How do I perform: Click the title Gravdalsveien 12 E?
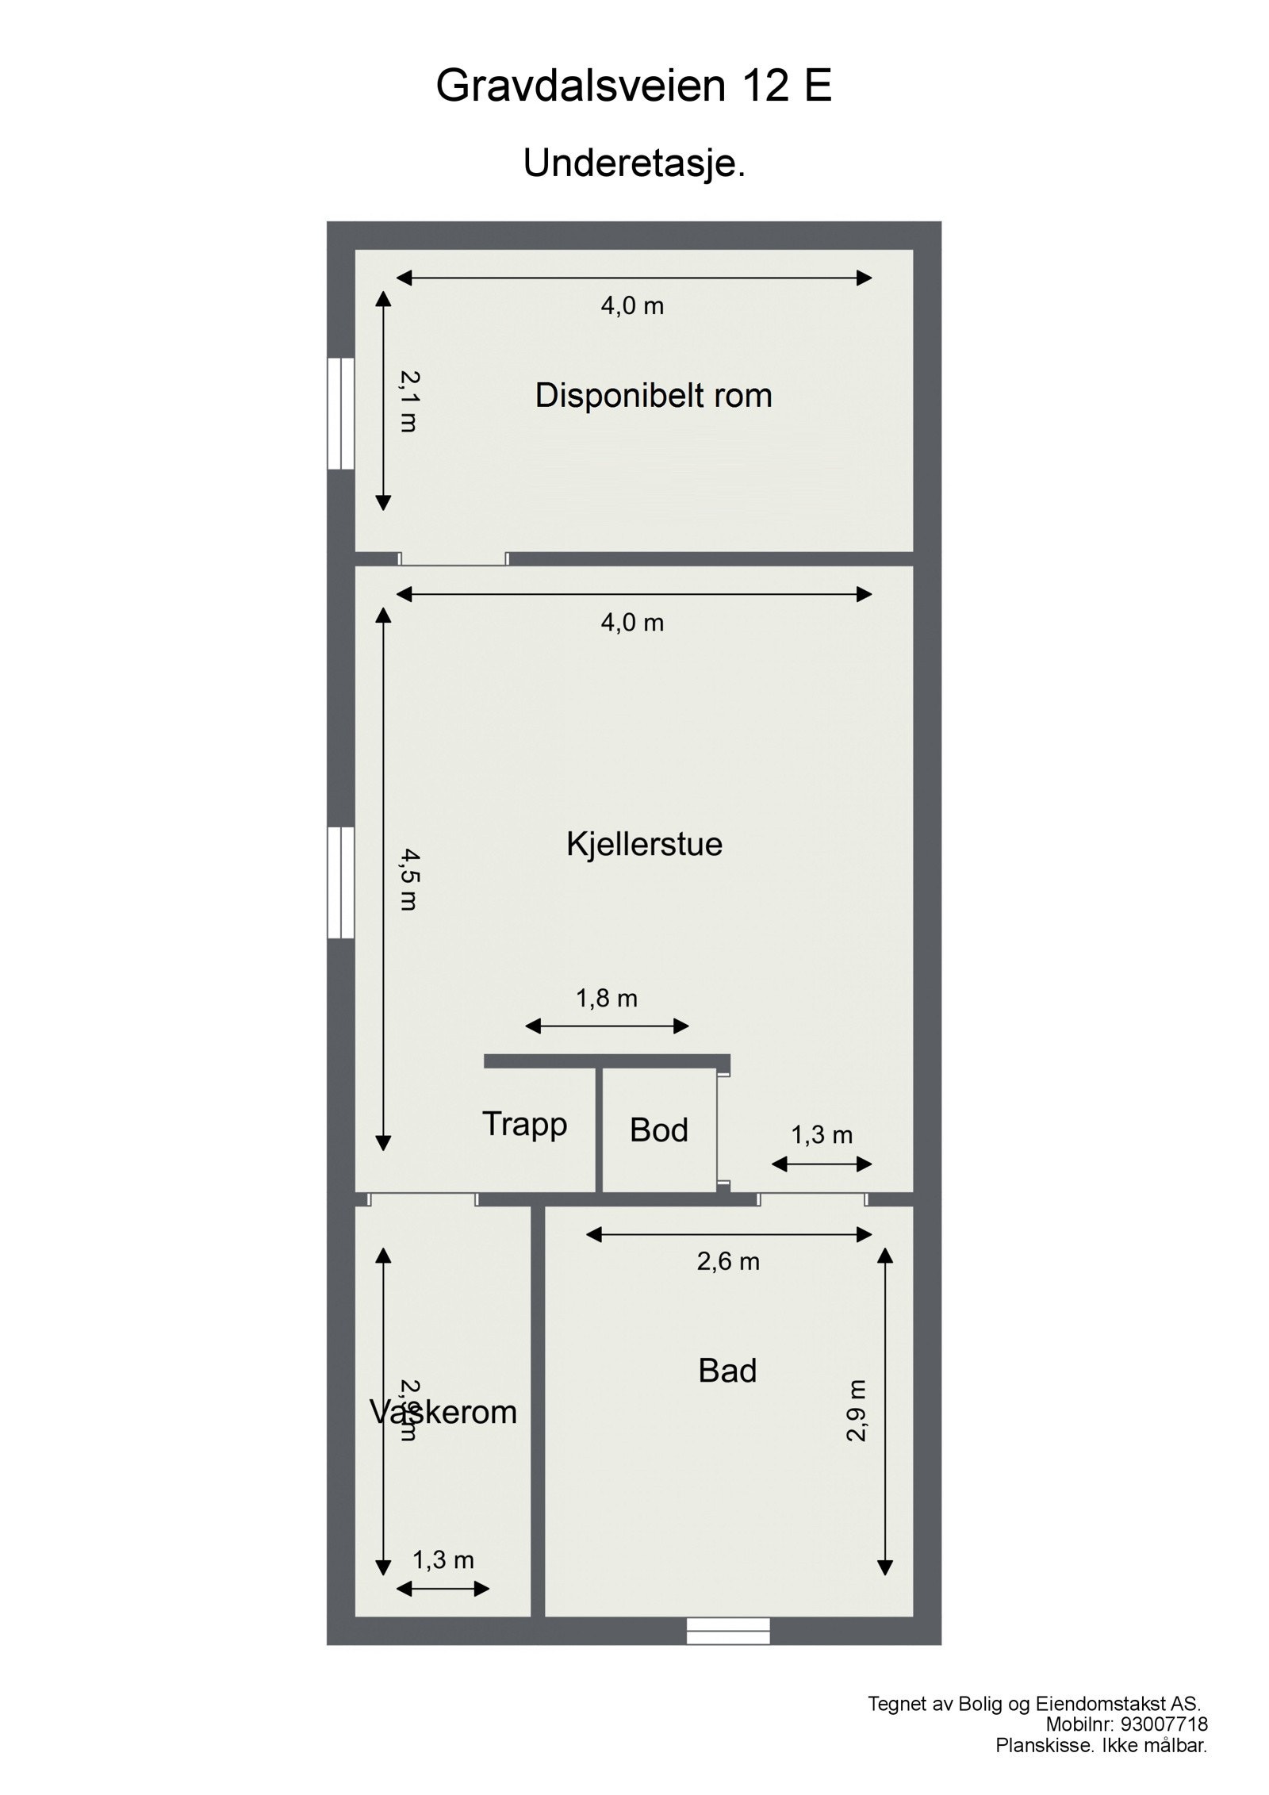633,86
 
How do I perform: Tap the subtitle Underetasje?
634,163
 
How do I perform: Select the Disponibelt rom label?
653,395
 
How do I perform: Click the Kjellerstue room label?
644,843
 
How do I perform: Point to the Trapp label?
524,1124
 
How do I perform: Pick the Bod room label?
658,1130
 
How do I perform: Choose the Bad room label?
727,1371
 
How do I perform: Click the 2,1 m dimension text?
408,401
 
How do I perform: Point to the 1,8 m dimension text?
607,999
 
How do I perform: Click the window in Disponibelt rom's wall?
340,413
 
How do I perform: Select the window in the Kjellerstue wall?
340,882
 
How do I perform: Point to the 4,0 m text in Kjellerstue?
632,623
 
